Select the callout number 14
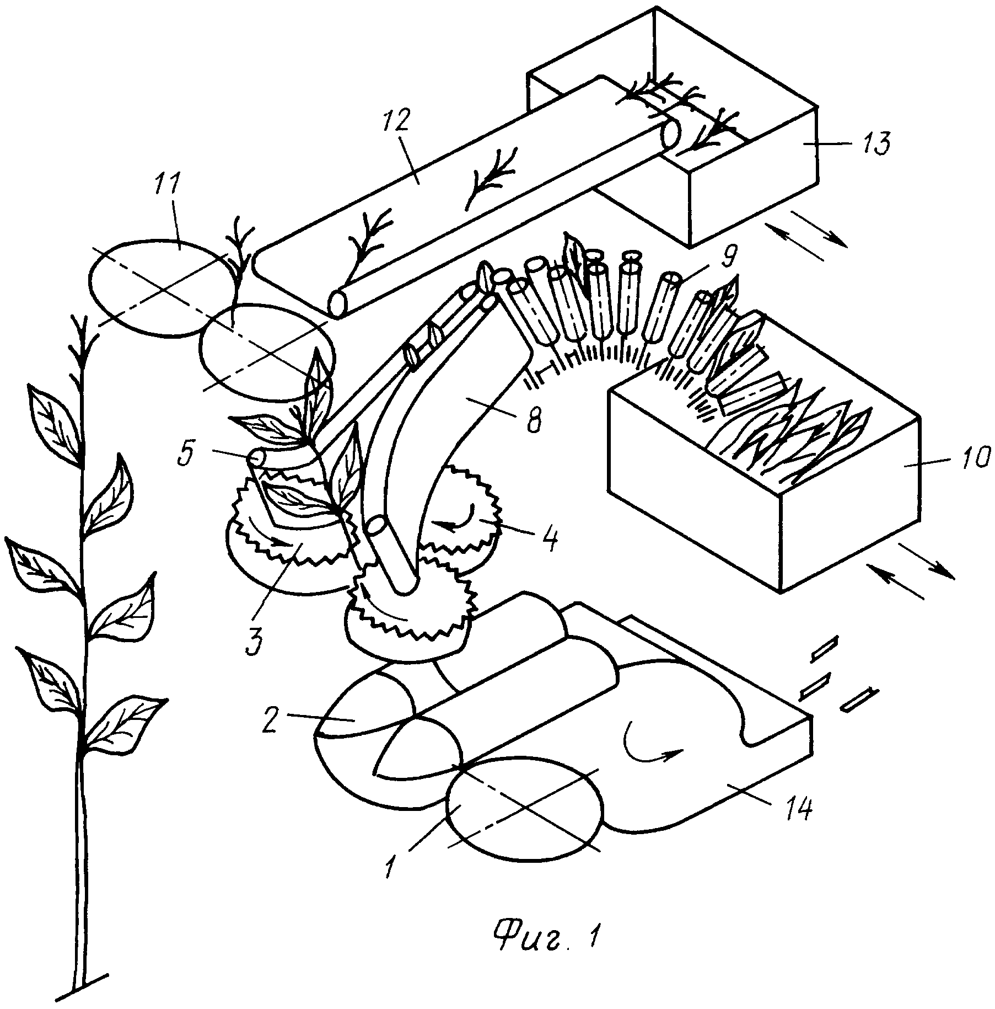[x=798, y=809]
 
